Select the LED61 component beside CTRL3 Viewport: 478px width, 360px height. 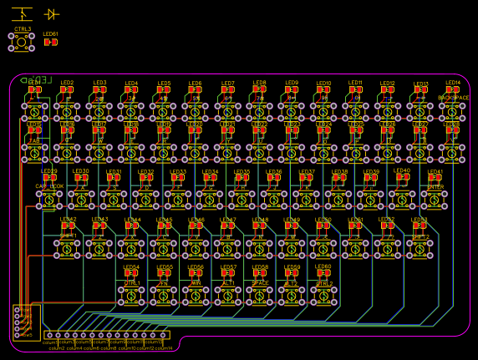(51, 42)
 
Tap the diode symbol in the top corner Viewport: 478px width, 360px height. (52, 14)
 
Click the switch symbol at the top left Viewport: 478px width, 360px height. (23, 13)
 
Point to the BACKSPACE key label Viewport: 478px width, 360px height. (453, 98)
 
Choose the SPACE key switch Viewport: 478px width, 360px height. (260, 293)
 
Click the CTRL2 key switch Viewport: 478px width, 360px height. (323, 293)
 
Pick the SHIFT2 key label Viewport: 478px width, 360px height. (420, 236)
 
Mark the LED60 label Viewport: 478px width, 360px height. (323, 267)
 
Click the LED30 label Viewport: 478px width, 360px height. (81, 171)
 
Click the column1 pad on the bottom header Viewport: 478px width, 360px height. (48, 336)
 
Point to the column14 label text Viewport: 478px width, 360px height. (164, 348)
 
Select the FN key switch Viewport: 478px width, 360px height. (165, 293)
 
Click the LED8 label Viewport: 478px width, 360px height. (260, 83)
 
